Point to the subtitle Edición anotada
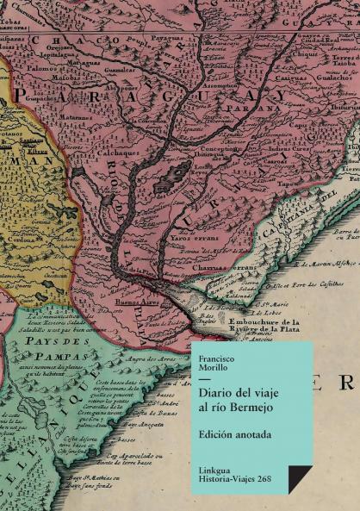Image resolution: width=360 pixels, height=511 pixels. click(x=234, y=434)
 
